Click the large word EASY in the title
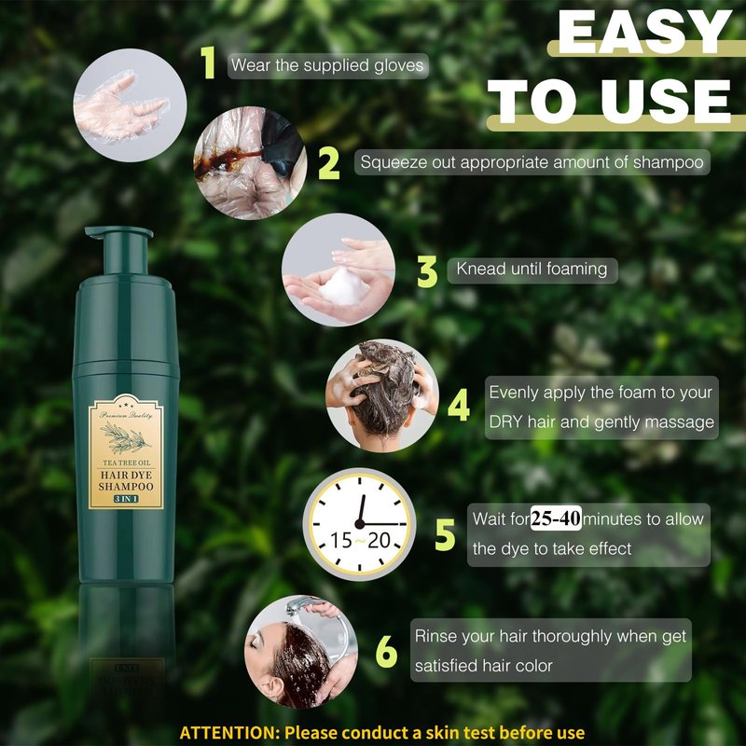[644, 32]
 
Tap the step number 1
[208, 62]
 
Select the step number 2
[329, 163]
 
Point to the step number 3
[427, 271]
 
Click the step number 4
[459, 406]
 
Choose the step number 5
[446, 534]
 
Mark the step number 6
[386, 651]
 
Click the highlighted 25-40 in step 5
[556, 518]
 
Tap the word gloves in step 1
[399, 66]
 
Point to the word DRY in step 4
[505, 422]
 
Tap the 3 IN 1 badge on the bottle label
[126, 499]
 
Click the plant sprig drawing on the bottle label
[126, 438]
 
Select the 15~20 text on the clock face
[360, 541]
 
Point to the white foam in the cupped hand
[343, 286]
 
